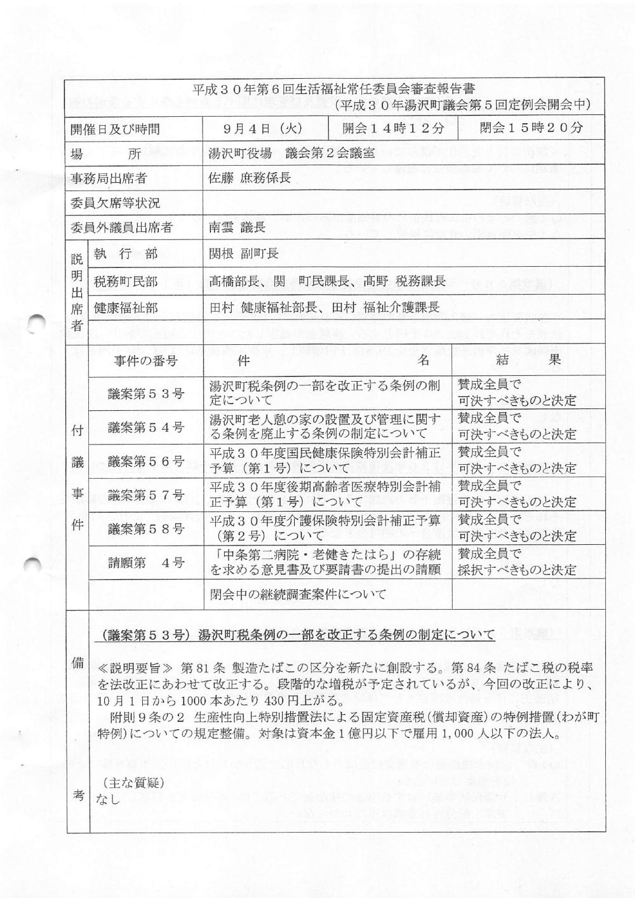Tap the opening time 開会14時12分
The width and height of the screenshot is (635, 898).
393,128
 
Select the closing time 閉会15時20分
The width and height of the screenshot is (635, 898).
531,128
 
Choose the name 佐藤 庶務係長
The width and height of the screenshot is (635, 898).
250,178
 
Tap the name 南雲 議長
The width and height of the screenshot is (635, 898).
237,227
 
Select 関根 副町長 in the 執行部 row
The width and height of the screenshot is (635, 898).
244,254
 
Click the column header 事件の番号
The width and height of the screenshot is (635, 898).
146,361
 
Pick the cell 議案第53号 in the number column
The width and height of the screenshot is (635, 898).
146,394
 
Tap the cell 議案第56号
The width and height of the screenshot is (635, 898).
146,461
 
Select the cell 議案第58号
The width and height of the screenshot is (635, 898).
146,528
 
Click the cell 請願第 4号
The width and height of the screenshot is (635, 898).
146,562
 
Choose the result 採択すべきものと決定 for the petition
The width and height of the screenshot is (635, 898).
517,570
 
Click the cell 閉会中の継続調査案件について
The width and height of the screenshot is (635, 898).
298,595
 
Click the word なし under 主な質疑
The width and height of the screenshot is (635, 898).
107,799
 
